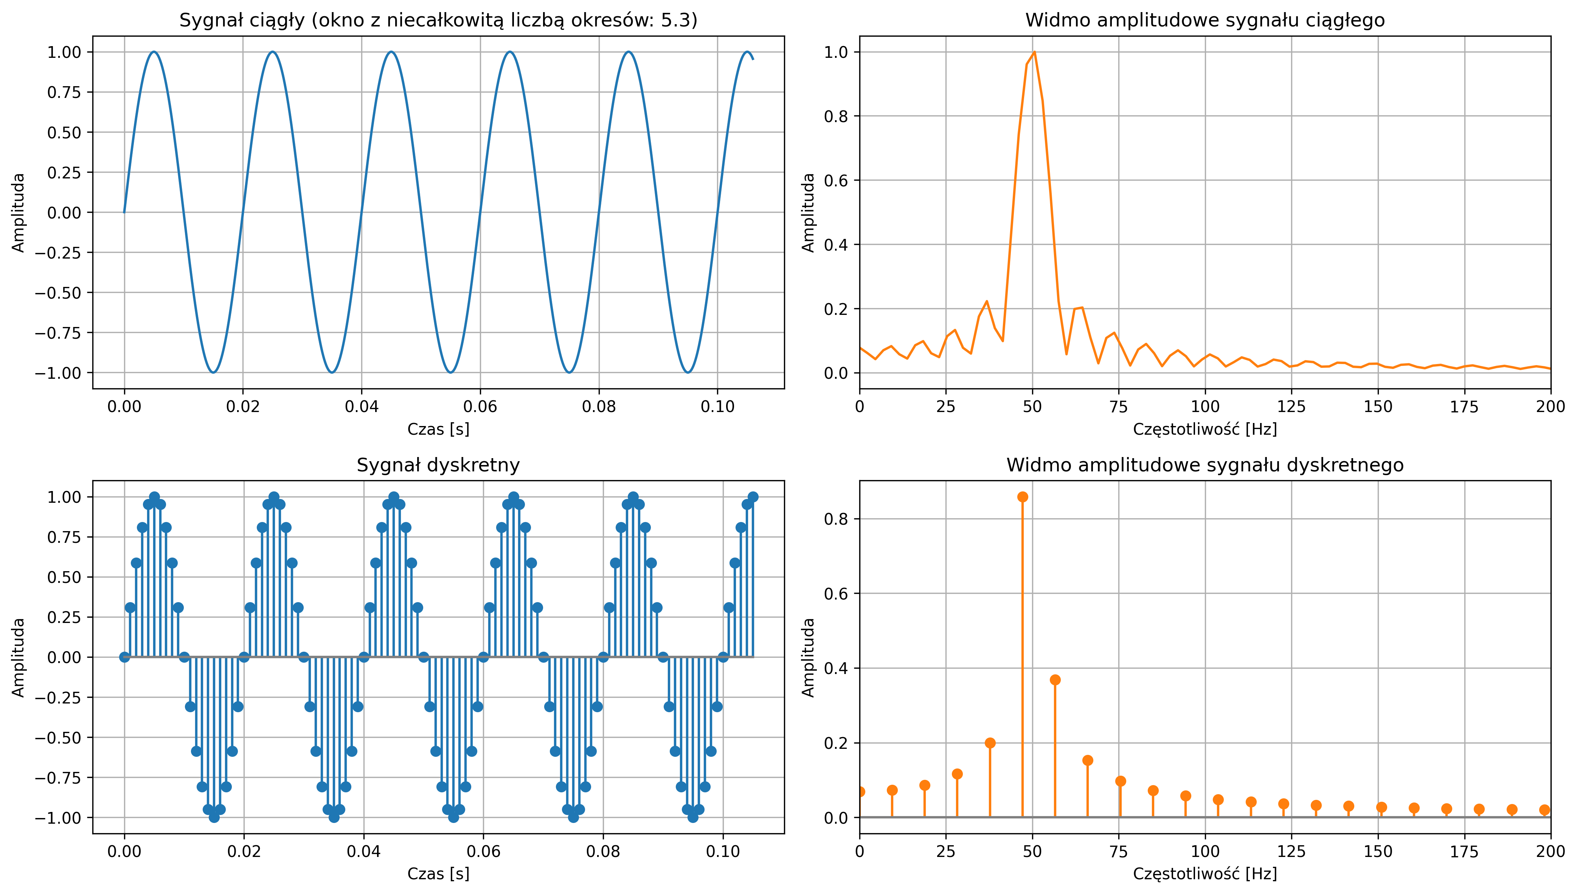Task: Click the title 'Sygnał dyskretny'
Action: (438, 465)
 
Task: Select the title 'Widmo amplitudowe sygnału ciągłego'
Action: (1205, 20)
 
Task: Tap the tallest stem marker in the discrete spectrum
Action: (1023, 497)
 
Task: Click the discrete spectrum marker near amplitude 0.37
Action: (1055, 680)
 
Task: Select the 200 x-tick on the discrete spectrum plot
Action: (1551, 852)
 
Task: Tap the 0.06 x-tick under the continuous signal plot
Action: (480, 406)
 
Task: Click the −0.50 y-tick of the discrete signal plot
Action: (58, 738)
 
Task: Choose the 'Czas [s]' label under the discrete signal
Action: (438, 874)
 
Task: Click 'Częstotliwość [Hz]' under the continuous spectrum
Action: (1205, 429)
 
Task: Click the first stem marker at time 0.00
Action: (125, 657)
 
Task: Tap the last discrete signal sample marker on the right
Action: (753, 497)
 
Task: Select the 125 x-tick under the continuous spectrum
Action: (1291, 406)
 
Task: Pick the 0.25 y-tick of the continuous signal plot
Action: (64, 172)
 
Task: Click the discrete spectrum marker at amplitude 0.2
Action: (990, 743)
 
